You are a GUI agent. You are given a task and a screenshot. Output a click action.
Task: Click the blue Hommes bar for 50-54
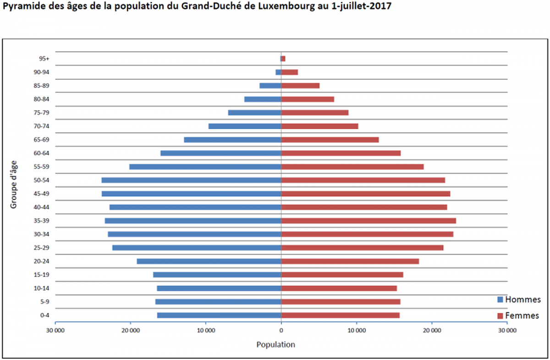pos(191,180)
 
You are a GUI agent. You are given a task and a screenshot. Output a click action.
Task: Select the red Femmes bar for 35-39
pos(368,221)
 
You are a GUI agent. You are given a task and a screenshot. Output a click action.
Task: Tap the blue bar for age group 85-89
pos(270,86)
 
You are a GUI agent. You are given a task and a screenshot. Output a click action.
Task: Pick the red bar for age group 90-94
pos(289,72)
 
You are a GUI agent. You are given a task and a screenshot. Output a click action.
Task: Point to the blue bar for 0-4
pos(219,315)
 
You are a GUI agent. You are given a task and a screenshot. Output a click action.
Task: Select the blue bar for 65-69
pos(232,140)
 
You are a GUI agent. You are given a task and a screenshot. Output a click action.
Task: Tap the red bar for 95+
pos(283,59)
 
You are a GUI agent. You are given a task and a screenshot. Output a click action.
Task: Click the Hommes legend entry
pos(519,300)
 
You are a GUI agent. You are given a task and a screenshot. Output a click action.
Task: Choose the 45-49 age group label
pos(42,194)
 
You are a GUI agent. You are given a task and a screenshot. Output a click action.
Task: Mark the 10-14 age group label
pos(42,288)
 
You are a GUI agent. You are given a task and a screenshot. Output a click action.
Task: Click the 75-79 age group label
pos(42,113)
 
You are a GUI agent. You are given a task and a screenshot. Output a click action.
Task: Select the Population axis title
pos(275,344)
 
